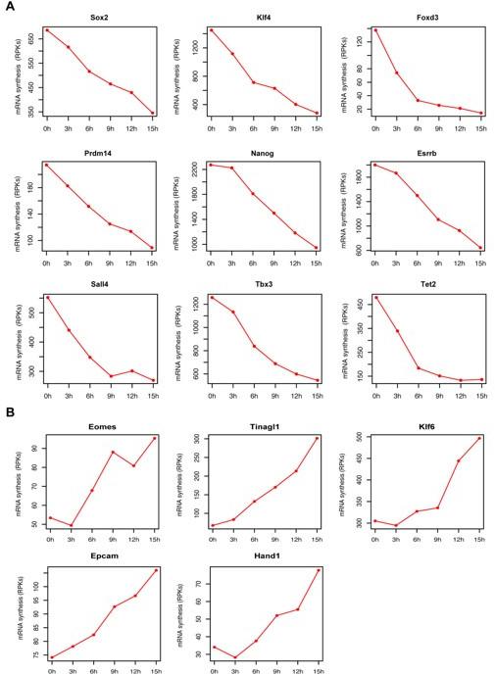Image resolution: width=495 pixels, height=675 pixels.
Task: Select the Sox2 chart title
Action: coord(99,18)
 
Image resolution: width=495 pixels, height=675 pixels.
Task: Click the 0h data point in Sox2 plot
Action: coord(47,29)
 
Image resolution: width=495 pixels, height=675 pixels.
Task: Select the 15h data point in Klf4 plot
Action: coord(316,114)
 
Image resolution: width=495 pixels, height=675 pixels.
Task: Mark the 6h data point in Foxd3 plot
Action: coord(418,100)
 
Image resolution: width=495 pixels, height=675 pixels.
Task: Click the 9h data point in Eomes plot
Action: coord(114,453)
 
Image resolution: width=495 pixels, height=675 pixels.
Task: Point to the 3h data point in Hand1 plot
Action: coord(236,657)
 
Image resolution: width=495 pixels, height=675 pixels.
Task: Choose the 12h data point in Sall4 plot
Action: coord(131,370)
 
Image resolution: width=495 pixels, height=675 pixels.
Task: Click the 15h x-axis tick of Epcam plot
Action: coord(155,670)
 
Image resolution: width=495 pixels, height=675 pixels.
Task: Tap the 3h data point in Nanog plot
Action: coord(231,168)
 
